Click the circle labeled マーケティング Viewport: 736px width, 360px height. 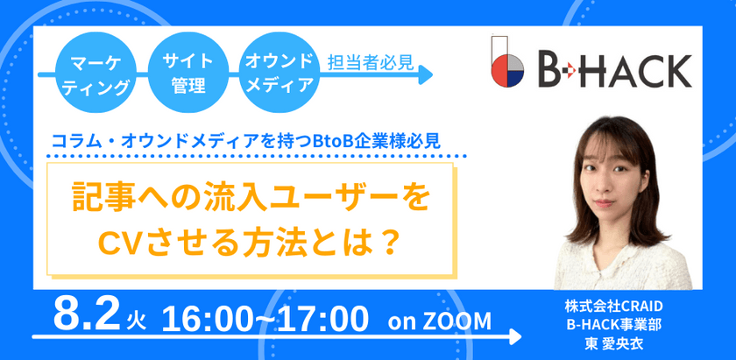click(x=90, y=74)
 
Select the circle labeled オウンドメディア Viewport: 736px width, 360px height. click(x=279, y=74)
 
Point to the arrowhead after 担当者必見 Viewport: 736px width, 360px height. click(x=427, y=77)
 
